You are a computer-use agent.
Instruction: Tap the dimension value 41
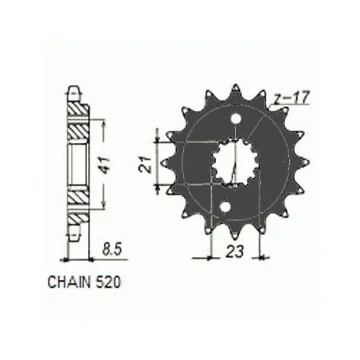tap(105, 165)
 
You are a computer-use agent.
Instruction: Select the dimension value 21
tap(145, 164)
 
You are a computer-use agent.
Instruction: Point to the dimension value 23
tap(234, 252)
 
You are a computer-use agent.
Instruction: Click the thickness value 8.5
tap(112, 250)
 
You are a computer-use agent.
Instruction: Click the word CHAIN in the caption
tap(69, 282)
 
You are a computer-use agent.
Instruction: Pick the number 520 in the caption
tap(108, 282)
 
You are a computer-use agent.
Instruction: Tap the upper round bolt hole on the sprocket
tap(236, 119)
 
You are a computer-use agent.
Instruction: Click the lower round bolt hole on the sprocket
tap(225, 207)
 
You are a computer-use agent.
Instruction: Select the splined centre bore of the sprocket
tap(235, 163)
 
